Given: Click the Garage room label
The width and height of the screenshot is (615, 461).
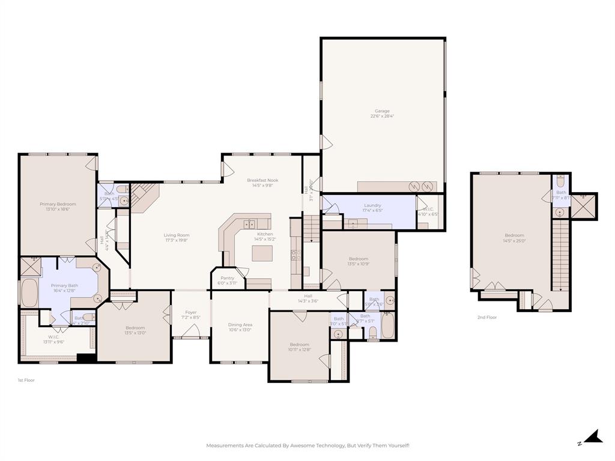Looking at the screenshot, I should (x=382, y=111).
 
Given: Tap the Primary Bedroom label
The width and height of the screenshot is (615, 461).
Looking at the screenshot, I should (x=58, y=204).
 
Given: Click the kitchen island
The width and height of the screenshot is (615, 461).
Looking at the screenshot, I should (x=262, y=253).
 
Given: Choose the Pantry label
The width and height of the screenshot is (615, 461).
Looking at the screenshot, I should (x=227, y=278).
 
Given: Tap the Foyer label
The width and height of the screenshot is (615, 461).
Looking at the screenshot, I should (x=190, y=312).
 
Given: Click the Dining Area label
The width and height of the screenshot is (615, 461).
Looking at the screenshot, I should (x=240, y=325).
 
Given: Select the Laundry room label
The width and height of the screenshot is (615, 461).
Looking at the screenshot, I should (x=372, y=205).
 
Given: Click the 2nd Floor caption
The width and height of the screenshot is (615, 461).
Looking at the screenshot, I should (x=487, y=318).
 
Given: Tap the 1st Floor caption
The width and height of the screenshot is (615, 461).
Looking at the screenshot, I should (x=26, y=380).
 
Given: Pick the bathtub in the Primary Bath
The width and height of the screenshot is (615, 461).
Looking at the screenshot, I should (x=29, y=292).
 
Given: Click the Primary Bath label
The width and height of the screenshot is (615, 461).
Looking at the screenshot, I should (x=64, y=286).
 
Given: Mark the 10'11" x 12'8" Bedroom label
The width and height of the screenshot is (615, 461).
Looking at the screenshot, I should (x=300, y=345).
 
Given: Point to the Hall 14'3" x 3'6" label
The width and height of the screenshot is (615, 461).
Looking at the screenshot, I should (x=308, y=296).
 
